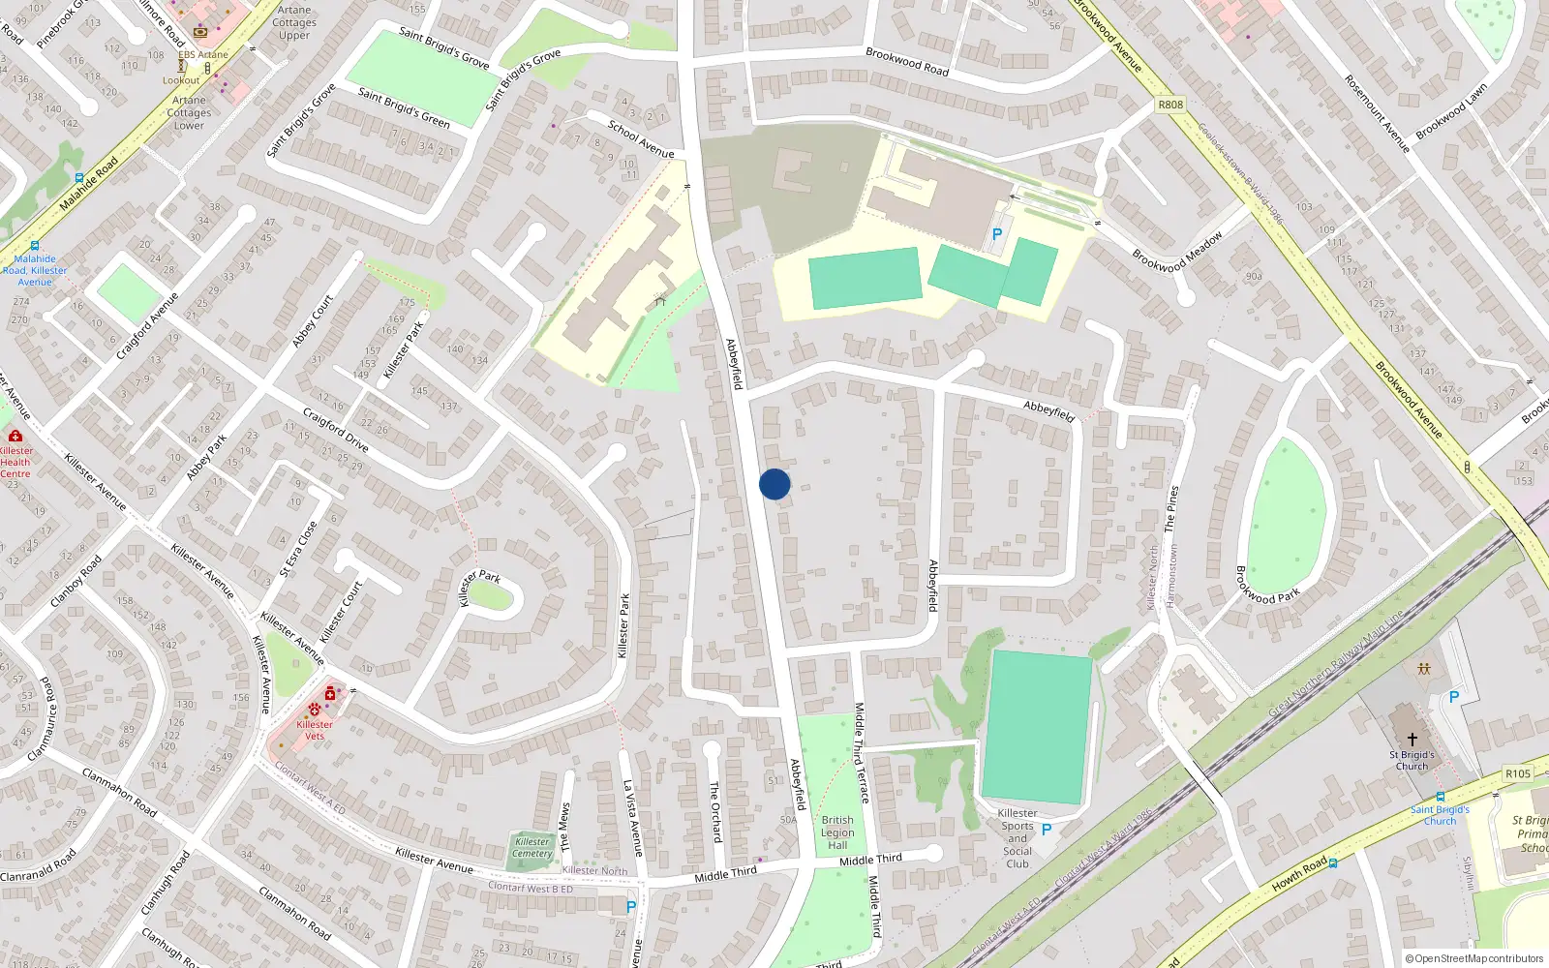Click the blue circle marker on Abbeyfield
click(774, 484)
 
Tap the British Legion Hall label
click(837, 832)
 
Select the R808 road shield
click(1170, 105)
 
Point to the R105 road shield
click(1518, 773)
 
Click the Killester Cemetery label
click(532, 847)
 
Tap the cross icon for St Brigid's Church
click(1412, 740)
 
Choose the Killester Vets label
click(315, 730)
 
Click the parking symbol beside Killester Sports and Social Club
click(1046, 830)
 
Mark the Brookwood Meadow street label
click(1177, 252)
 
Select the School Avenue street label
click(641, 138)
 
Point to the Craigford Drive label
click(335, 430)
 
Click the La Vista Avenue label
click(632, 818)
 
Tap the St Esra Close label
click(298, 549)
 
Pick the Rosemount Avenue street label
click(1377, 113)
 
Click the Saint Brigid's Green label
click(404, 107)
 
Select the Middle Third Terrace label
click(861, 753)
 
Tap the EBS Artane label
click(203, 54)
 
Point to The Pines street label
click(1171, 509)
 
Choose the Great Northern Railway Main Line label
click(1336, 663)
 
